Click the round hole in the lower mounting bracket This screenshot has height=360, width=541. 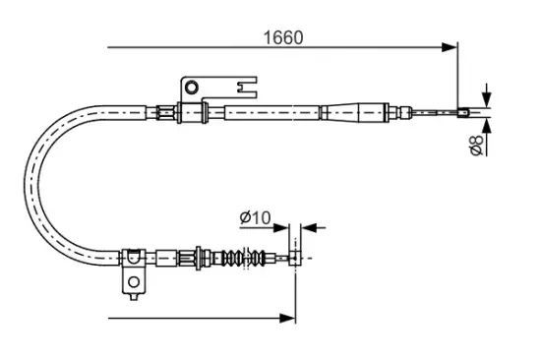point(133,282)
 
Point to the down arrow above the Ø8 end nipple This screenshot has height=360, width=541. point(486,96)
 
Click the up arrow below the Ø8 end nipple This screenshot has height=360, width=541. point(486,124)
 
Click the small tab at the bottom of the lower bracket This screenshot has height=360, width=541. point(132,292)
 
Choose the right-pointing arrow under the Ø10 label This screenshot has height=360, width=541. point(284,227)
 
